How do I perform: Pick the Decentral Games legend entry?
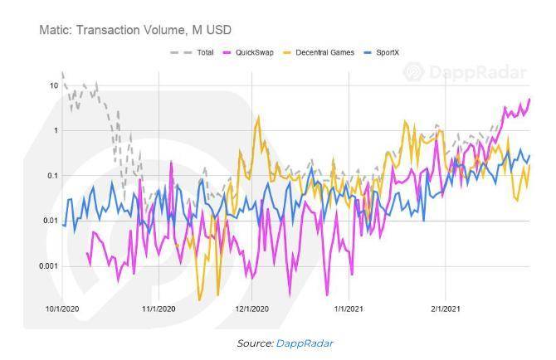coord(324,52)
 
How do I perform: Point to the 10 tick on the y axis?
coord(53,85)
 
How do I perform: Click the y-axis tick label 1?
coord(55,130)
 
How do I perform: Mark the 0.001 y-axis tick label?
coord(47,266)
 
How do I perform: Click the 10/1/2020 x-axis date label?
coord(62,309)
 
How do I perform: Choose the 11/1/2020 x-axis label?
coord(158,309)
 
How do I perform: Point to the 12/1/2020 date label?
coord(252,309)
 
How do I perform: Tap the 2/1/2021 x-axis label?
coord(445,309)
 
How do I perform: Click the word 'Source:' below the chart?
coord(254,343)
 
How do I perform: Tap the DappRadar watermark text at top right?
coord(477,73)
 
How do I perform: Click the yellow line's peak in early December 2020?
coord(258,117)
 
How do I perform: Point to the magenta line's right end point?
coord(529,100)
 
